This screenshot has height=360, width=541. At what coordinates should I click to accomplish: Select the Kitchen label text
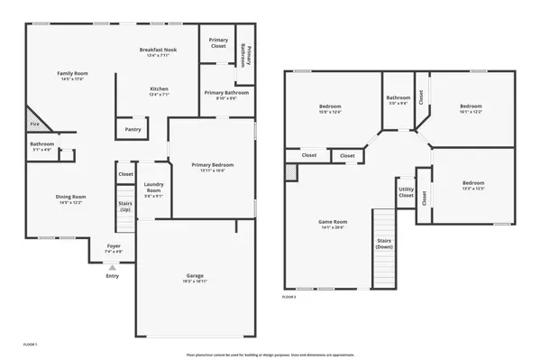(x=159, y=88)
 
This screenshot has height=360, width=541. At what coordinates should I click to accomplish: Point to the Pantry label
(x=132, y=130)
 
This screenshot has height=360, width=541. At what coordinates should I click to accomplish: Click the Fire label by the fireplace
(x=34, y=124)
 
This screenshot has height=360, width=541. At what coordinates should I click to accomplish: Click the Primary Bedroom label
(x=214, y=164)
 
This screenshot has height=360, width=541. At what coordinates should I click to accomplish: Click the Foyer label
(x=114, y=245)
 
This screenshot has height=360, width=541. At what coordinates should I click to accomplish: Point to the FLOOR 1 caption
(x=31, y=344)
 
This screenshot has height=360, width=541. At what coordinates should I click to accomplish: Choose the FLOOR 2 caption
(x=289, y=296)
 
